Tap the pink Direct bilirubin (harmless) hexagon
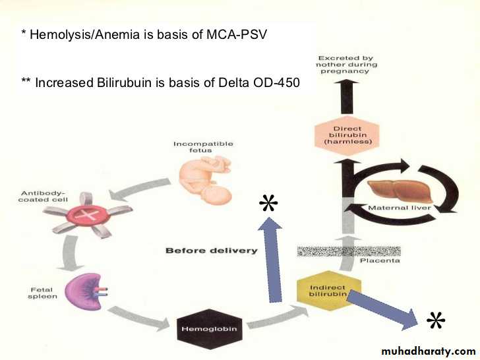click(347, 134)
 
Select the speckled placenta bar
click(349, 251)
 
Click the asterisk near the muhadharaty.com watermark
click(436, 321)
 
